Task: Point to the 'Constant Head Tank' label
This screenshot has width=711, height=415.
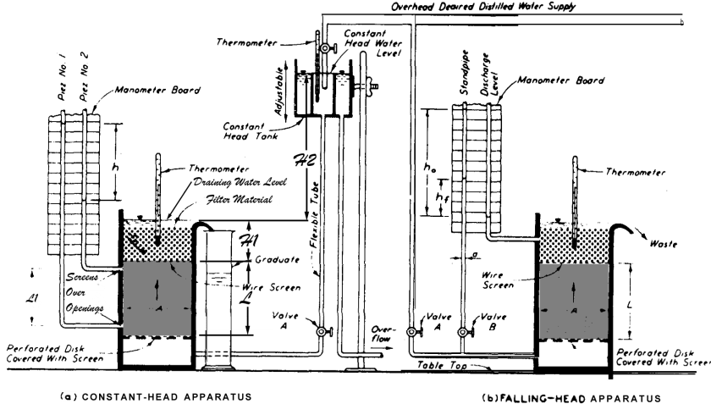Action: (254, 128)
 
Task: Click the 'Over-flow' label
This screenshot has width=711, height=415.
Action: (381, 332)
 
